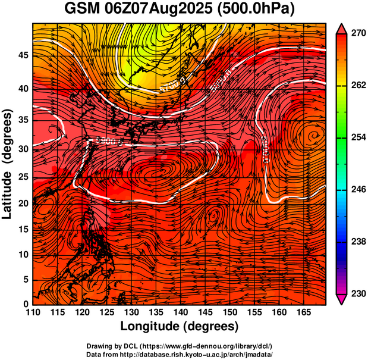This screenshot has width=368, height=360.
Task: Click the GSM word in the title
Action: click(x=83, y=10)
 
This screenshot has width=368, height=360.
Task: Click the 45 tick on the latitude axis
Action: click(x=23, y=55)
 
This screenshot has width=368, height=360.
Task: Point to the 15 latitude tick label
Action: click(x=23, y=229)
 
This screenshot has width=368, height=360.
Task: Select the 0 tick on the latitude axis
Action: click(x=26, y=305)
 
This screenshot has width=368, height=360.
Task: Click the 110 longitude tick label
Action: click(x=33, y=313)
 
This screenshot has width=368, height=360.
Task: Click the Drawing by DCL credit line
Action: click(x=180, y=346)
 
